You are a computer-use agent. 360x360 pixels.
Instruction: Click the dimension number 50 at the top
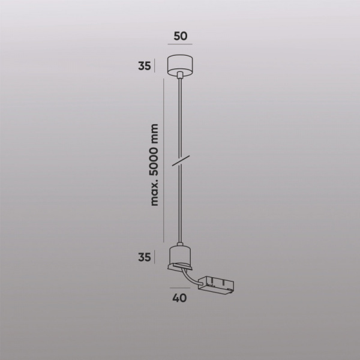click(180, 35)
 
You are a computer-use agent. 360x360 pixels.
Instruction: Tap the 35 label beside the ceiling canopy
click(144, 66)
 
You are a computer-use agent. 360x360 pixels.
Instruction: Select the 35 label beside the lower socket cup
click(144, 258)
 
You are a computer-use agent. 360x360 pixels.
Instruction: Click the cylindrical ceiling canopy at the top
click(180, 64)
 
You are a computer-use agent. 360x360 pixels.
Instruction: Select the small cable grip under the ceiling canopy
click(180, 75)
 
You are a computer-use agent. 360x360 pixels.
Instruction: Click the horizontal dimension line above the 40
click(180, 287)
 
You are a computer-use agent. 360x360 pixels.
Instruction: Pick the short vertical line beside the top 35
click(155, 65)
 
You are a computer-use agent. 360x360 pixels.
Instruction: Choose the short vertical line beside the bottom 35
click(155, 257)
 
